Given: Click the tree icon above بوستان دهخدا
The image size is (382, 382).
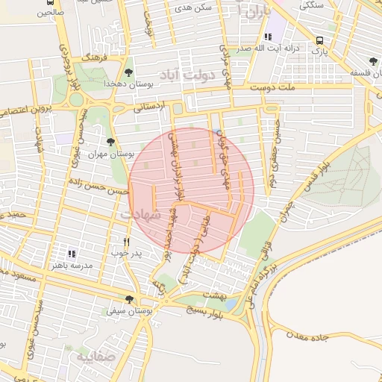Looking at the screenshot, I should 129,72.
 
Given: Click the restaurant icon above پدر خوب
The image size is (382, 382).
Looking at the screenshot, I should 126,242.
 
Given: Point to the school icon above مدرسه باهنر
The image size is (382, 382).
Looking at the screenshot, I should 72,254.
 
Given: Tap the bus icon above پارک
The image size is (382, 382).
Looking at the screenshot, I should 320,41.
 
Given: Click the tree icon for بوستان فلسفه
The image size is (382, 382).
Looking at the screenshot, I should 372,61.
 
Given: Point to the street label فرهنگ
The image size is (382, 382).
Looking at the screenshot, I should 96,57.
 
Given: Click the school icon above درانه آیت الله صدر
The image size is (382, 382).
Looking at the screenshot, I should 267,37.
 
